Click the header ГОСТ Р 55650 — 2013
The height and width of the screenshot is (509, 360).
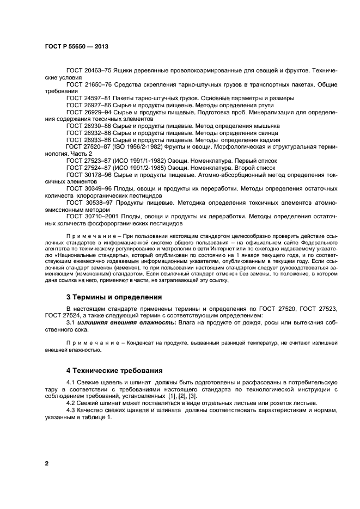76,47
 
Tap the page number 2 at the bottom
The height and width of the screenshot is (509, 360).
46,463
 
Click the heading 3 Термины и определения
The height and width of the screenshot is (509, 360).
114,297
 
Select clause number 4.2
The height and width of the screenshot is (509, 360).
71,403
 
